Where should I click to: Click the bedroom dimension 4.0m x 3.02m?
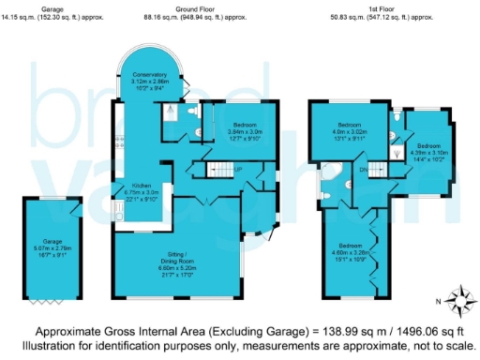tap(350, 132)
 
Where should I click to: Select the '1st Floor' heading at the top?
tap(367, 8)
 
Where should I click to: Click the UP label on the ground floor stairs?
tap(240, 169)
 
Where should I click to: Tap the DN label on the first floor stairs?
tap(363, 170)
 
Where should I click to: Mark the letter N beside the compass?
tap(438, 302)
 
